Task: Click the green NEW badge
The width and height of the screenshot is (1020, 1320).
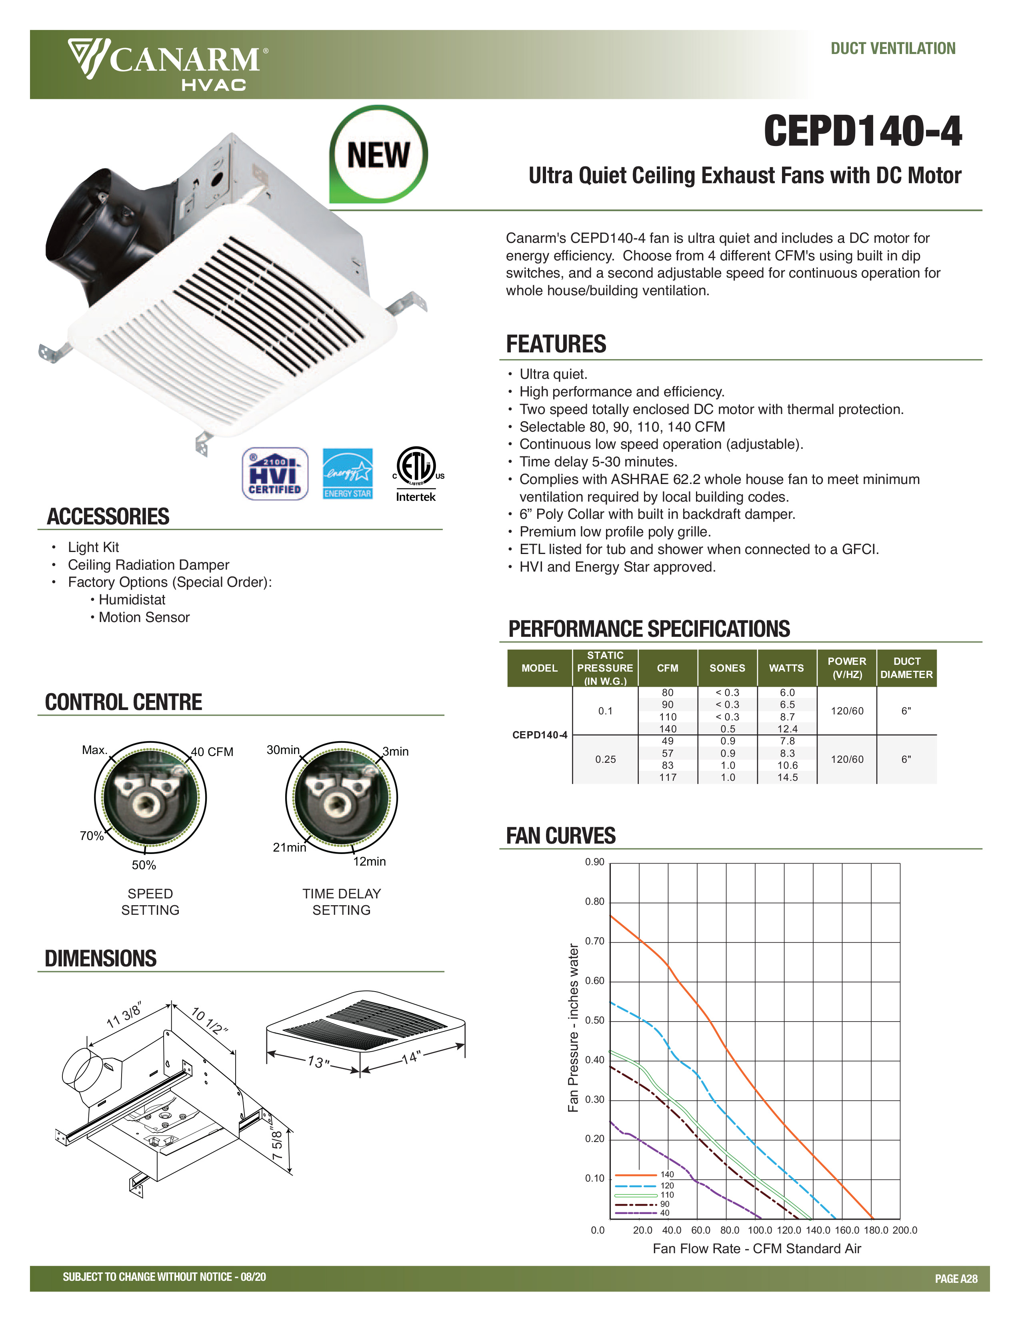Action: (378, 155)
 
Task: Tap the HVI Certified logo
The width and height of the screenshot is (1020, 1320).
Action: (275, 474)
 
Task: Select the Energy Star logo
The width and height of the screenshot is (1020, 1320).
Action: (348, 474)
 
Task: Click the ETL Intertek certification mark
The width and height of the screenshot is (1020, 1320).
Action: (416, 474)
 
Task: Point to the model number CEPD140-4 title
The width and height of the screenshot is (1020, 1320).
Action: (862, 131)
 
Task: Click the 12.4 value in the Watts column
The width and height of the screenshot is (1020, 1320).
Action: (787, 729)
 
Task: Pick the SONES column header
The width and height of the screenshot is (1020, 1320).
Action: (727, 668)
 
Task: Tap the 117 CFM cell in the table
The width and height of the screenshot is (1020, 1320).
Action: (667, 777)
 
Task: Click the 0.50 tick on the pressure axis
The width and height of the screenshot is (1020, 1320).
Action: (594, 1020)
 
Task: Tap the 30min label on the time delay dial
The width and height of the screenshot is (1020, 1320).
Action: (283, 750)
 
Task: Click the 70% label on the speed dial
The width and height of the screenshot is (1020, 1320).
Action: (92, 836)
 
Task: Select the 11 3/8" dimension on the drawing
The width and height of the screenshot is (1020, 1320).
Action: (124, 1015)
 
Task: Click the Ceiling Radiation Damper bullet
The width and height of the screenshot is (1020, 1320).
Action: (148, 564)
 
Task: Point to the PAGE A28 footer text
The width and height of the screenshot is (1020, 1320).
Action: (955, 1278)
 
